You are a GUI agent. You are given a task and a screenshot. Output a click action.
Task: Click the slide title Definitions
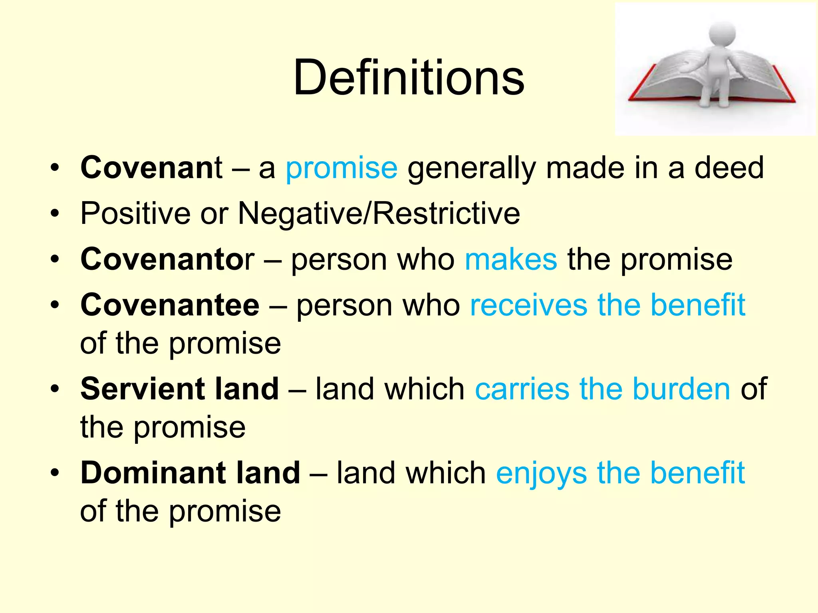(x=409, y=77)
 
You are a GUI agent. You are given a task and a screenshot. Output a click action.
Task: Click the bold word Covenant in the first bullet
(x=151, y=168)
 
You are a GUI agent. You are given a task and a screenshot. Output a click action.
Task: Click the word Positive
(x=135, y=214)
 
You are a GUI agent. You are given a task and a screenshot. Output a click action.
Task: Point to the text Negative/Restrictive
(x=379, y=214)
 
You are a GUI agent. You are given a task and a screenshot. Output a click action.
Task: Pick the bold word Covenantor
(x=167, y=259)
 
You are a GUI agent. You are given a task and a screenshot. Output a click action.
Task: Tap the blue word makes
(x=511, y=259)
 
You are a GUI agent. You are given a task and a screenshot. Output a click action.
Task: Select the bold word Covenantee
(x=170, y=305)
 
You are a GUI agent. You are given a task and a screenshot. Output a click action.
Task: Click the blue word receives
(x=528, y=305)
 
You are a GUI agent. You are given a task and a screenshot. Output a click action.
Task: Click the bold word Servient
(x=143, y=389)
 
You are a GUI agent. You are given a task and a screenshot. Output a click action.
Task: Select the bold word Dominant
(x=153, y=473)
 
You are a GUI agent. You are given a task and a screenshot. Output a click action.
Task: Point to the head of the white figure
(x=722, y=33)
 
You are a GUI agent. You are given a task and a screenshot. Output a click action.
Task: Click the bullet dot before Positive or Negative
(x=55, y=214)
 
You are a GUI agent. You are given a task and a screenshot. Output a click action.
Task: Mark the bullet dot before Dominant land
(x=55, y=473)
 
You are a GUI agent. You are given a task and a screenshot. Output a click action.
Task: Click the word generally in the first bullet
(x=472, y=168)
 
